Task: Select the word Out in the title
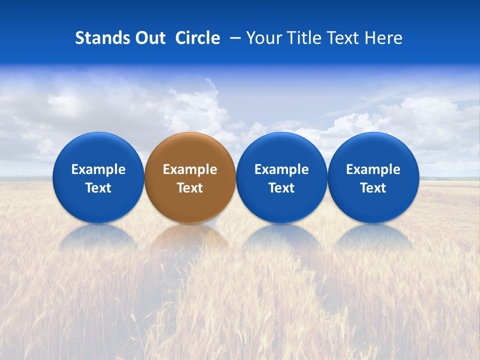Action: pos(149,38)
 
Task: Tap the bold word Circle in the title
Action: pos(197,38)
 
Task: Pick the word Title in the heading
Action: pos(304,38)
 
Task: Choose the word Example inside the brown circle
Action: pos(190,169)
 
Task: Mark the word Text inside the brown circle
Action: pos(190,188)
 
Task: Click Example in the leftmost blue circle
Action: pos(98,169)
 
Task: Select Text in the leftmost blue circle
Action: pos(98,188)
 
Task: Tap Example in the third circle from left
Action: pos(281,169)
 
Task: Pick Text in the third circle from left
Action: pos(281,188)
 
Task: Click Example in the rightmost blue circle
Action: pos(373,169)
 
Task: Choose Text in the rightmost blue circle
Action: pos(373,188)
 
